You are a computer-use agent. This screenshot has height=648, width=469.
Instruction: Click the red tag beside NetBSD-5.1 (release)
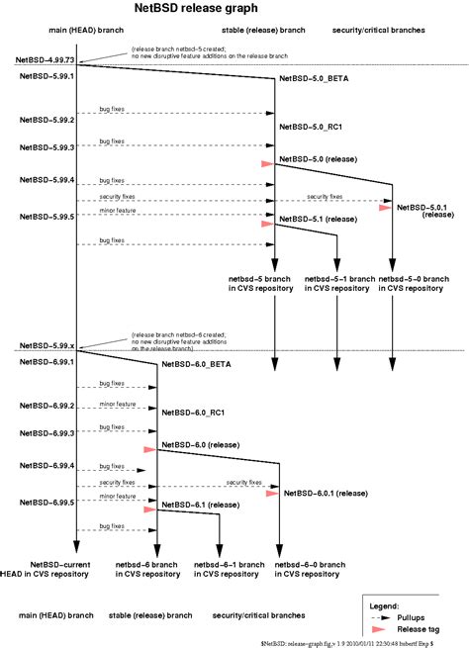click(x=266, y=224)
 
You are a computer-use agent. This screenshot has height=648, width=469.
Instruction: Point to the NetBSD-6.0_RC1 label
click(x=194, y=412)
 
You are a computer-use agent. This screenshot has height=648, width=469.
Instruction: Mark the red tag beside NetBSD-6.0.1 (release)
click(x=272, y=492)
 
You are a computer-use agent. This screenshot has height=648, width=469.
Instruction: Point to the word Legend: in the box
click(x=384, y=602)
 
